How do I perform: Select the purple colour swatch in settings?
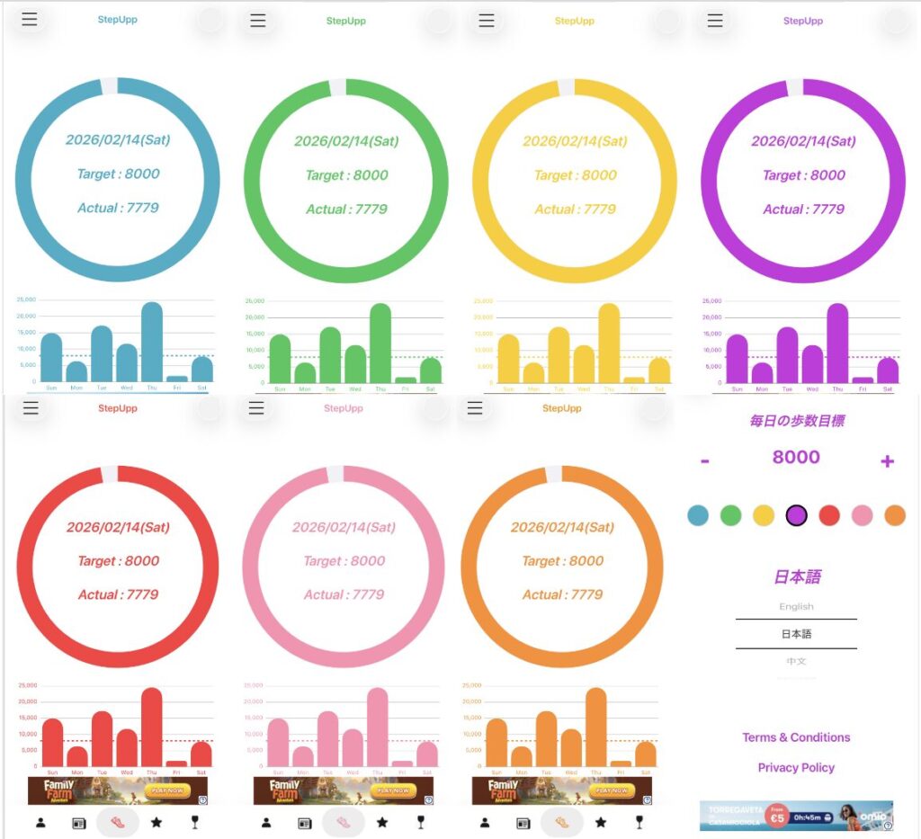(x=796, y=515)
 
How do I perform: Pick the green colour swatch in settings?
(x=730, y=515)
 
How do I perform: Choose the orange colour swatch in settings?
(x=894, y=515)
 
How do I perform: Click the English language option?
(x=796, y=606)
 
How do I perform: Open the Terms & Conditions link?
(x=796, y=737)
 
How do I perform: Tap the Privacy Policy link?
(x=796, y=768)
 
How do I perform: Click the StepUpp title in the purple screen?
(x=802, y=21)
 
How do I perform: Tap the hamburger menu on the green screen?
(x=258, y=21)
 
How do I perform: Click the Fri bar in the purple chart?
(x=863, y=379)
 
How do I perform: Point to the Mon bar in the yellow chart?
(x=534, y=372)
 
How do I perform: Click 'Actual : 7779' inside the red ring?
(x=118, y=594)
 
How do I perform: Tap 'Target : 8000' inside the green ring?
(x=346, y=175)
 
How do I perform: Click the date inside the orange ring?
(x=562, y=527)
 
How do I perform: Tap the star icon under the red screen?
(x=156, y=822)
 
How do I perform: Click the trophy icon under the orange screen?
(x=639, y=822)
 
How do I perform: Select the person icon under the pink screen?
(x=266, y=822)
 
